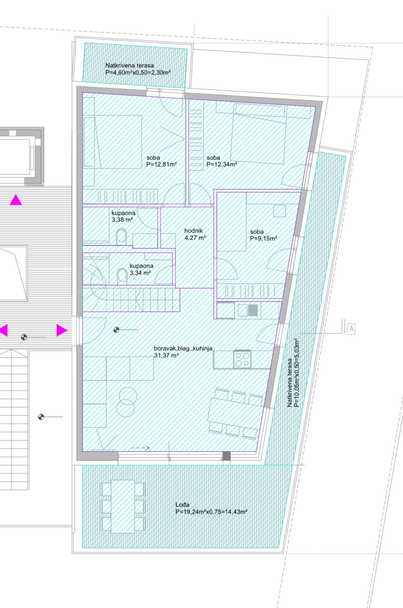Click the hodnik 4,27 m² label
pos(195,234)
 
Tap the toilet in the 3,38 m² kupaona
pos(122,236)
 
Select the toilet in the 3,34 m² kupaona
pos(122,277)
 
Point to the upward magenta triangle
pos(16,200)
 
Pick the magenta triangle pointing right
pos(62,330)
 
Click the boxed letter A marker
pos(351,329)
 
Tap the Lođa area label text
pos(211,508)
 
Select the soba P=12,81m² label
pos(162,161)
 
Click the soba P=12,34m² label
pos(222,161)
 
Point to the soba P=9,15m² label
pos(263,235)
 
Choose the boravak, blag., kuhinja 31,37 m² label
pos(183,352)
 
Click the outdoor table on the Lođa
pos(123,506)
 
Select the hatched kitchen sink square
pos(253,310)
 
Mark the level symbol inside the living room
pos(116,330)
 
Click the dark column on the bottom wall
pos(226,456)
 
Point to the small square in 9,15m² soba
pos(280,211)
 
